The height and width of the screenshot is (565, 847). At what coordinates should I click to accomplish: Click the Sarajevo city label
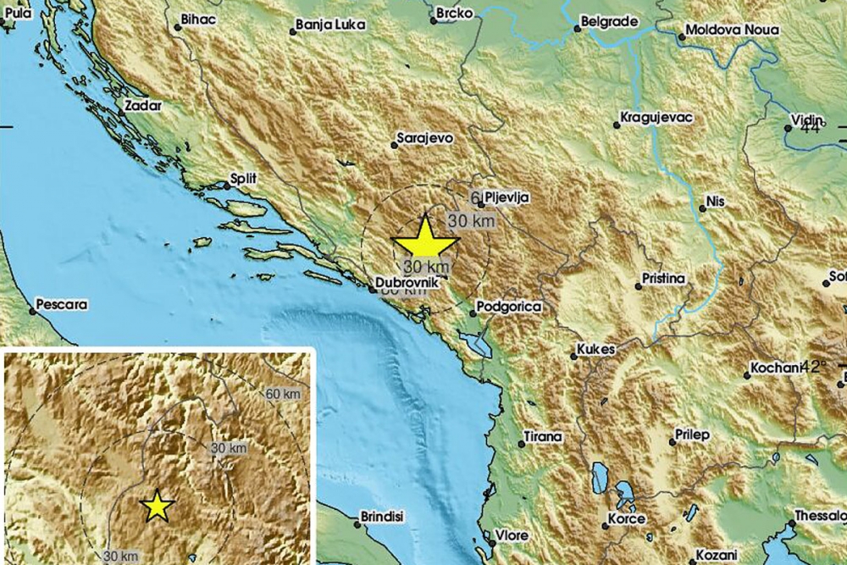click(426, 136)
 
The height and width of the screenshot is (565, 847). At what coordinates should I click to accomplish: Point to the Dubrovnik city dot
click(371, 291)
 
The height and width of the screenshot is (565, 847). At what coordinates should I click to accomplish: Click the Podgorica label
click(508, 309)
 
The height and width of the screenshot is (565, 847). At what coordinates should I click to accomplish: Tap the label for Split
click(242, 179)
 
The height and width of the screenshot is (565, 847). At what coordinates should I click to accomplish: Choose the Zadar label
click(141, 107)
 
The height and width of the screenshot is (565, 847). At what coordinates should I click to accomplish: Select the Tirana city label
click(543, 436)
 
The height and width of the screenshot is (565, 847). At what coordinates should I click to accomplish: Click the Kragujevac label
click(657, 119)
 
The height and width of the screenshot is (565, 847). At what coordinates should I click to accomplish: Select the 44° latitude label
click(810, 127)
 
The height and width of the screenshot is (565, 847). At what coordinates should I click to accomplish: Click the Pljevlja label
click(507, 197)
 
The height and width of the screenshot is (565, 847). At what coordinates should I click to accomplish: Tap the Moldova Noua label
click(732, 30)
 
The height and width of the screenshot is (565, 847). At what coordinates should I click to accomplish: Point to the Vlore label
click(512, 535)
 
